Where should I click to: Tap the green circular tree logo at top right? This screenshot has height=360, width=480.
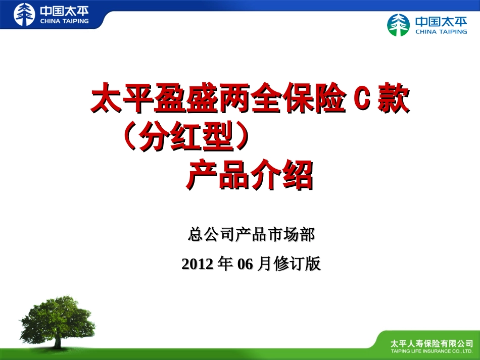(399, 25)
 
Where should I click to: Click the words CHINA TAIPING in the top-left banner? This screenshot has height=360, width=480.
(64, 21)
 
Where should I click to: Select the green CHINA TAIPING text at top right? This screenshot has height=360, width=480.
(441, 31)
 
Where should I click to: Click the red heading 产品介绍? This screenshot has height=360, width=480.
(250, 175)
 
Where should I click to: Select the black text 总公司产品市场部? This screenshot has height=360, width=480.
(251, 234)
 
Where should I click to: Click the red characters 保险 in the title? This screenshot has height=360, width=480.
(313, 99)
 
